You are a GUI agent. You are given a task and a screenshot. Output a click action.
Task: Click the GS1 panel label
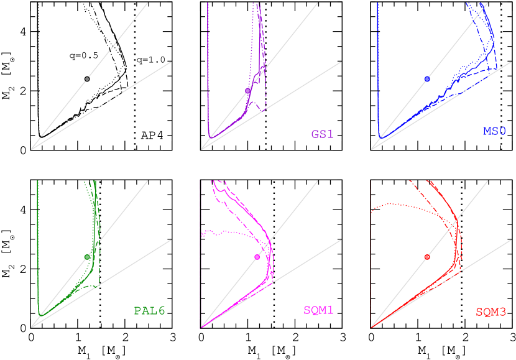(x=323, y=134)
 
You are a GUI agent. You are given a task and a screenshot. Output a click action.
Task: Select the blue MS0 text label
(x=494, y=131)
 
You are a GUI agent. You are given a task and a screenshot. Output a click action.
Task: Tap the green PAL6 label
(x=150, y=310)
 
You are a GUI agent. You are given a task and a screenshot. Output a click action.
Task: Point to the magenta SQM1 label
(x=318, y=310)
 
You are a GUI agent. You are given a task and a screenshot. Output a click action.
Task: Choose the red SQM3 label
(x=491, y=312)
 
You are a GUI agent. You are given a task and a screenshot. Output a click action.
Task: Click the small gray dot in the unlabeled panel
(x=87, y=79)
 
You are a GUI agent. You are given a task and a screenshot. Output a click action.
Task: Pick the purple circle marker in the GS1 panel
(x=247, y=91)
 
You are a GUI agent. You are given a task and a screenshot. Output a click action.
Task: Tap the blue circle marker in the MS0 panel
(x=427, y=79)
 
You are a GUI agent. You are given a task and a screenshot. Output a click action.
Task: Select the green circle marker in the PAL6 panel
(x=87, y=257)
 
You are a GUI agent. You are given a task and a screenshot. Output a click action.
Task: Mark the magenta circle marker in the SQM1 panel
(x=257, y=257)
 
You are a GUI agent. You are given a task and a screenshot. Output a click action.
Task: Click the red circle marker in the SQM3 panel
(x=427, y=257)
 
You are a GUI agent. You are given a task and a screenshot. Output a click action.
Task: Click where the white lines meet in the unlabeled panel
(x=32, y=149)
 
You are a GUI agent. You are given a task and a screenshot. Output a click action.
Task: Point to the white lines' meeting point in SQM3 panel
(x=372, y=327)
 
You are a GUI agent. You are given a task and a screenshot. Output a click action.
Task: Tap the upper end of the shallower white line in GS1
(x=341, y=62)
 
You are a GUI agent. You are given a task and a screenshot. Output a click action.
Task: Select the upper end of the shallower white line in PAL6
(x=172, y=240)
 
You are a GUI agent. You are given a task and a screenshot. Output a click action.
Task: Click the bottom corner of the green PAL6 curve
(x=40, y=315)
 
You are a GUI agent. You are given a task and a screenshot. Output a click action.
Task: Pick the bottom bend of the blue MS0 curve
(x=380, y=136)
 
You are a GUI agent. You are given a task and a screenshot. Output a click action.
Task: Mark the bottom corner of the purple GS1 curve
(x=210, y=137)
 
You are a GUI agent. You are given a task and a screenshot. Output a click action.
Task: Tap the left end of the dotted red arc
(x=371, y=211)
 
